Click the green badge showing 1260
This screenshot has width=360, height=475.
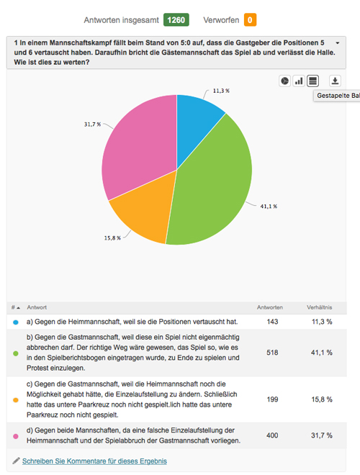pyautogui.click(x=176, y=20)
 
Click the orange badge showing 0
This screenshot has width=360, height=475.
pyautogui.click(x=250, y=20)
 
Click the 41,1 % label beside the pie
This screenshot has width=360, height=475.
pyautogui.click(x=269, y=207)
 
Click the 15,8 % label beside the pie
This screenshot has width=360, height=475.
pyautogui.click(x=112, y=238)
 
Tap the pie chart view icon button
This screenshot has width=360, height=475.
pyautogui.click(x=285, y=81)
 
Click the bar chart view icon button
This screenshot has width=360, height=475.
pyautogui.click(x=299, y=81)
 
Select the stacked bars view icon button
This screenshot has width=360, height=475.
pyautogui.click(x=312, y=81)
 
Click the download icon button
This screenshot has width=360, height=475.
pyautogui.click(x=335, y=81)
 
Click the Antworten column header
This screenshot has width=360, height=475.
pyautogui.click(x=270, y=307)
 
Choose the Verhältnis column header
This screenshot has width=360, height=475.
pyautogui.click(x=320, y=307)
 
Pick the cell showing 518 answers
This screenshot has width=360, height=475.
pyautogui.click(x=272, y=353)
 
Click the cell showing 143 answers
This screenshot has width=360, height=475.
pyautogui.click(x=272, y=322)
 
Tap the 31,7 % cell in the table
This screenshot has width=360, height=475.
pyautogui.click(x=322, y=435)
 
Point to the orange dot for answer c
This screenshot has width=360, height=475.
pyautogui.click(x=16, y=400)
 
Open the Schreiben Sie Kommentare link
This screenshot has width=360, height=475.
pyautogui.click(x=94, y=461)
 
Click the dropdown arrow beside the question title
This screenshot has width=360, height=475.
pyautogui.click(x=338, y=43)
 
